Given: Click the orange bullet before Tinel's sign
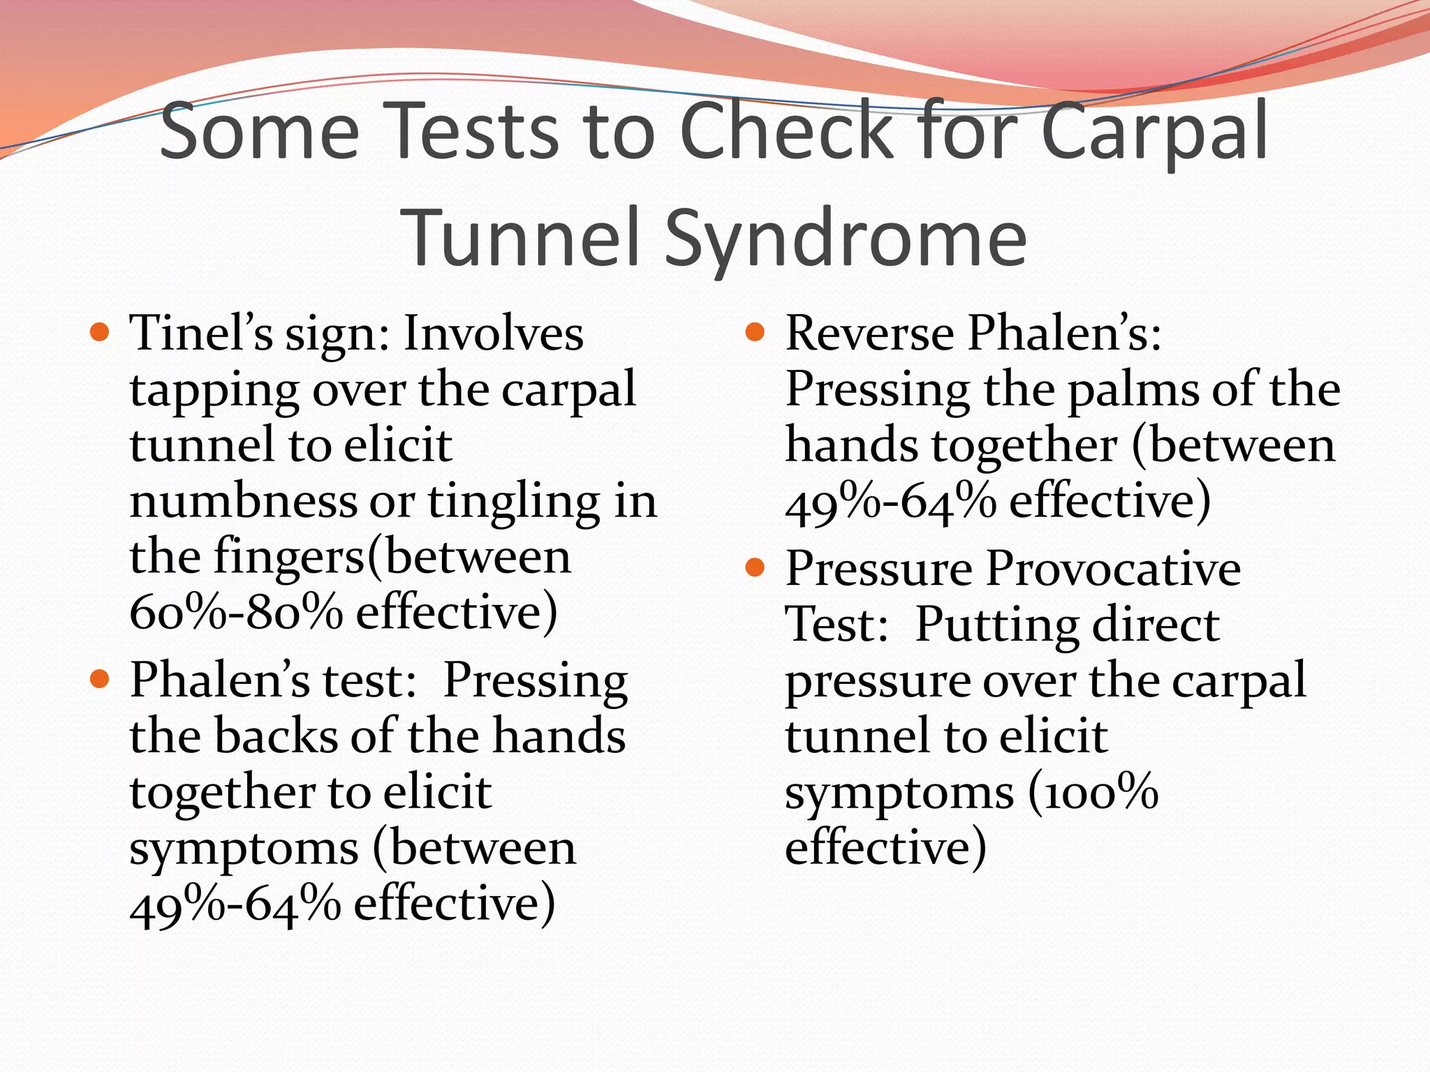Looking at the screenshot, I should pyautogui.click(x=101, y=331).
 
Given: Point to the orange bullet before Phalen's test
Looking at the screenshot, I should pyautogui.click(x=101, y=678).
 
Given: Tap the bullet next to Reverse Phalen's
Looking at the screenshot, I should pyautogui.click(x=755, y=331).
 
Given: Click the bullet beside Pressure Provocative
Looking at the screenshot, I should pyautogui.click(x=755, y=567).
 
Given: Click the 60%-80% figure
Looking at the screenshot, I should pyautogui.click(x=236, y=612).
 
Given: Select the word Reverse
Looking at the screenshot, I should pyautogui.click(x=870, y=333).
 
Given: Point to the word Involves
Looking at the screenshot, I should pyautogui.click(x=494, y=333).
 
